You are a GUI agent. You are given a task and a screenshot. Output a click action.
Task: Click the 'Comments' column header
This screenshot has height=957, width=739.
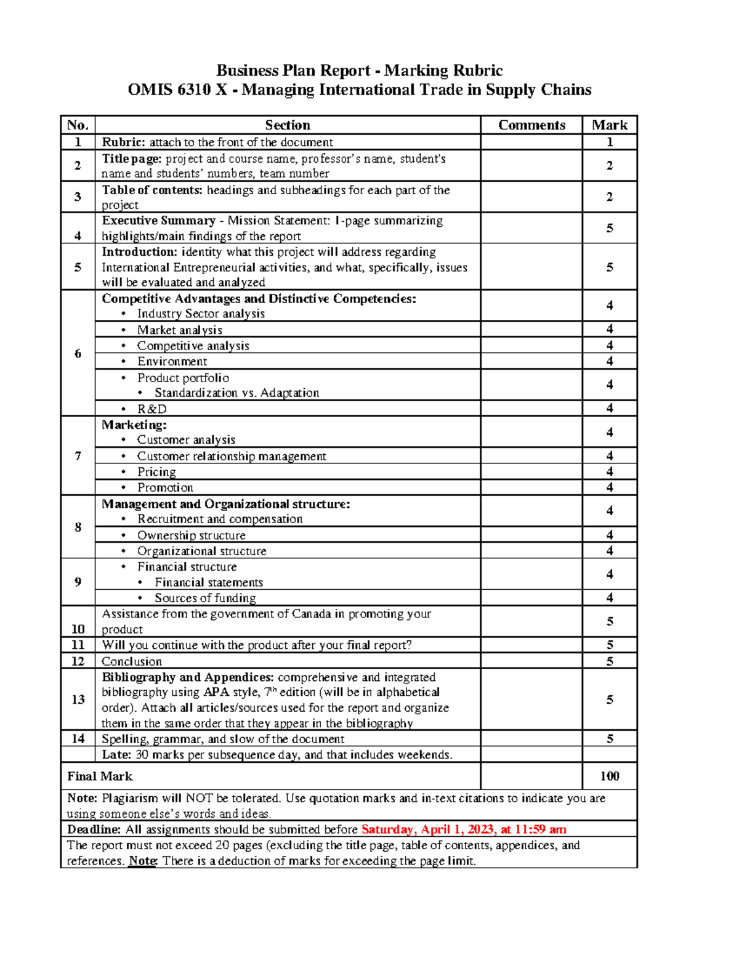[x=531, y=125]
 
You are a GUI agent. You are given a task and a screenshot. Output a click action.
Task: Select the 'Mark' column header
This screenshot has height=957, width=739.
[x=609, y=125]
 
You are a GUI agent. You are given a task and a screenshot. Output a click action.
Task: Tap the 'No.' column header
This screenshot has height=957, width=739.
[x=78, y=125]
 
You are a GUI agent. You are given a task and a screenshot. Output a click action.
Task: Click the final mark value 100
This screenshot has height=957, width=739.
[x=609, y=776]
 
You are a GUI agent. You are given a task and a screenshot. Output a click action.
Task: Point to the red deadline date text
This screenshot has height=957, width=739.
[x=464, y=829]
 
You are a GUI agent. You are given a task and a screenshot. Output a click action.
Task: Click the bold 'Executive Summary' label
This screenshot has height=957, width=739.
[x=158, y=221]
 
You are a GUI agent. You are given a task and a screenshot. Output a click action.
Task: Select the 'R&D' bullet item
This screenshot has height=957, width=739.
[x=151, y=409]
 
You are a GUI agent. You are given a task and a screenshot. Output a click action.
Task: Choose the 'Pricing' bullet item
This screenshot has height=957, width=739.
[x=156, y=471]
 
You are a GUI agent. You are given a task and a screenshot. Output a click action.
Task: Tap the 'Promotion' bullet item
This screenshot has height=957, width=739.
[x=165, y=487]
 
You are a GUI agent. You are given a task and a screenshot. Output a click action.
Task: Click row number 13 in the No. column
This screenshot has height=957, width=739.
[x=78, y=699]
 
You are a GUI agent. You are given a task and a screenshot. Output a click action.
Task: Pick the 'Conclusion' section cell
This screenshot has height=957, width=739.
[x=132, y=661]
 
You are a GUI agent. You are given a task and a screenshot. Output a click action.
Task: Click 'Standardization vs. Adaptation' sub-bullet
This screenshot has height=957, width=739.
[x=236, y=393]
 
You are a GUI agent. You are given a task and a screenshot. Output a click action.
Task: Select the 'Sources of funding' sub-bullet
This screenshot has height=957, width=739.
[x=205, y=598]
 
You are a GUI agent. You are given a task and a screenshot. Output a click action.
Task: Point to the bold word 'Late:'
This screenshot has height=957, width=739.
[x=116, y=755]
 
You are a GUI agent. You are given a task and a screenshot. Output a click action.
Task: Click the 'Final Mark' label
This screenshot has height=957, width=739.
[x=100, y=776]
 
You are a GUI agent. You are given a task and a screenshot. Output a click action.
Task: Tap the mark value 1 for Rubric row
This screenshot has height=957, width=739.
[x=609, y=142]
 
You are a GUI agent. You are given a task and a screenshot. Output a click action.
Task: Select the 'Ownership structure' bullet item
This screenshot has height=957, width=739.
[x=191, y=536]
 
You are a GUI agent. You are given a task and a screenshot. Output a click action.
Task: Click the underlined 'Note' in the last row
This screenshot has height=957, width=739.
[x=142, y=861]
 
